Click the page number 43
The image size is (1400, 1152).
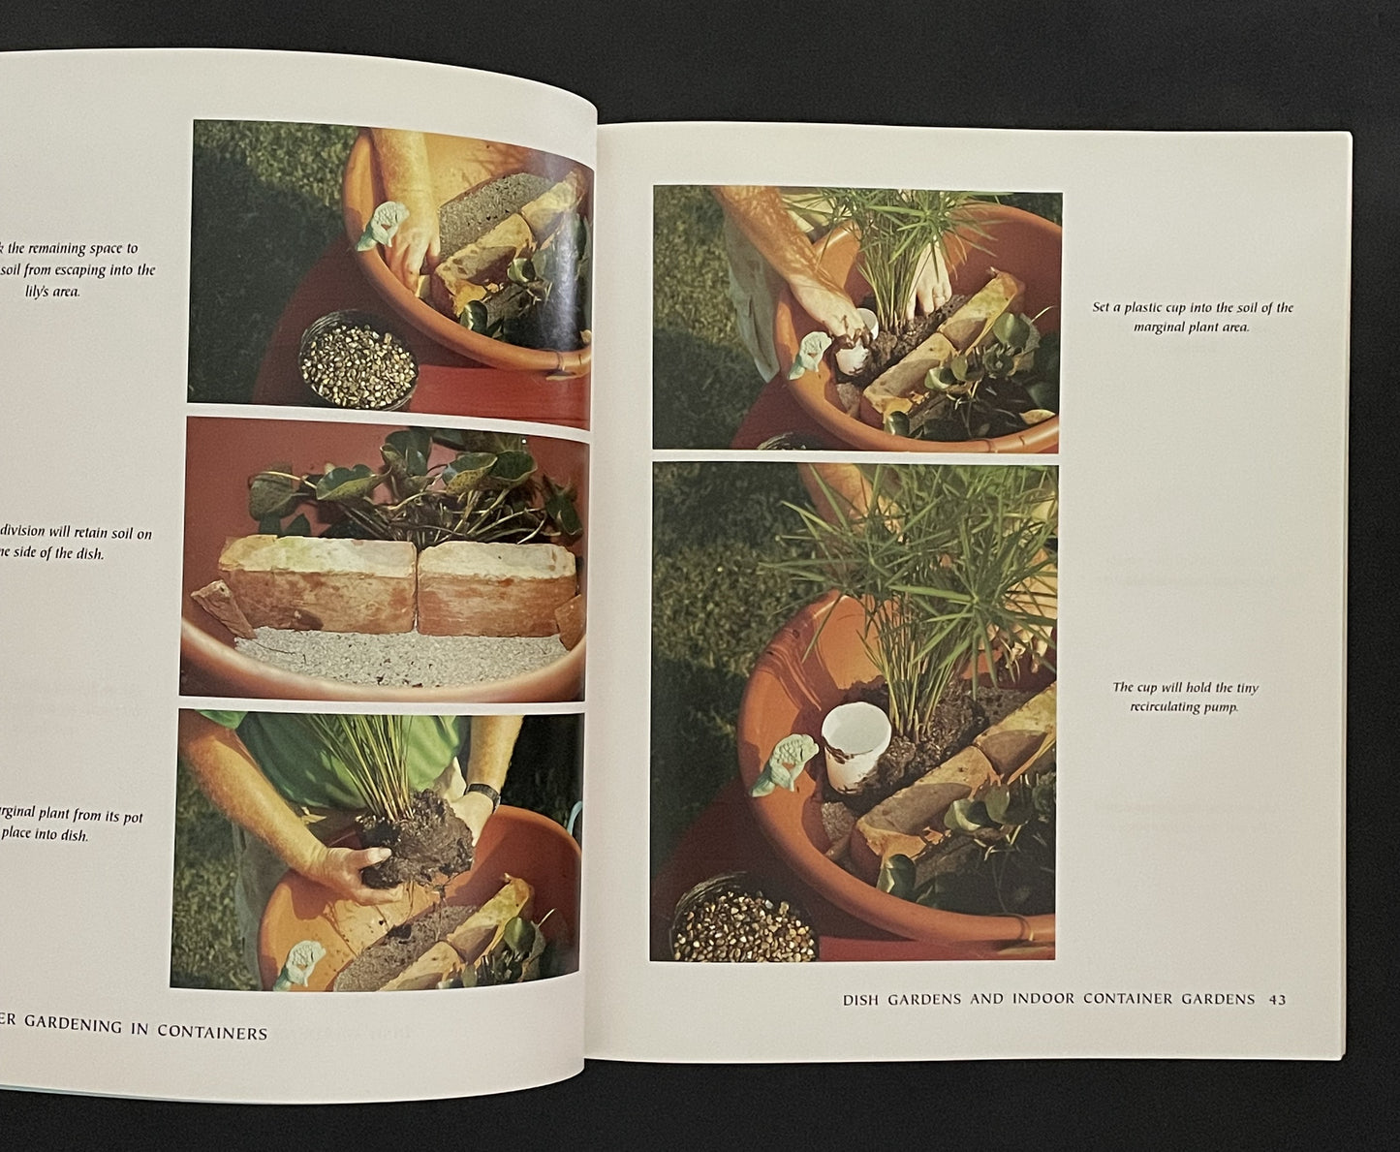pos(1277,1000)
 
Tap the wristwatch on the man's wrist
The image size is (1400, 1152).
pos(484,798)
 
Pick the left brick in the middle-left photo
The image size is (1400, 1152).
pos(314,586)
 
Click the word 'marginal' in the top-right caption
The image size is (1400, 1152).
pos(1166,327)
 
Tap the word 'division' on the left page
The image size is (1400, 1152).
pos(37,534)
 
